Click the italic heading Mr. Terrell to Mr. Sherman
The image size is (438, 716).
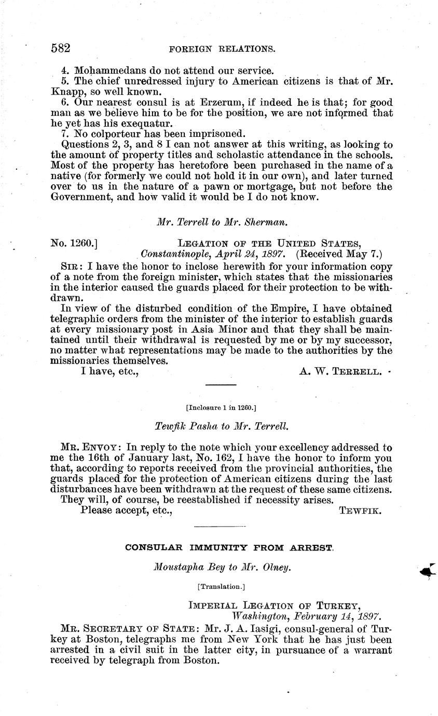[222, 222]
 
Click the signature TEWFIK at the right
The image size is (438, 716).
[360, 511]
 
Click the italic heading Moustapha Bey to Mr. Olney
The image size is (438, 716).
[222, 567]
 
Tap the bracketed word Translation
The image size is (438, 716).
[221, 586]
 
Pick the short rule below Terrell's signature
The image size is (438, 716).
[221, 384]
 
